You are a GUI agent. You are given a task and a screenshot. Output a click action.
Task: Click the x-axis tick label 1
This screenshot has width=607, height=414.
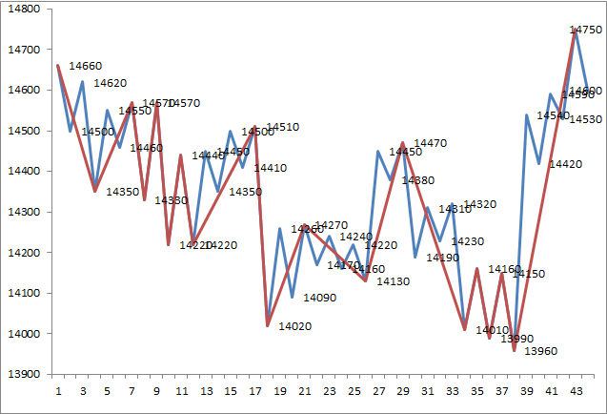58,391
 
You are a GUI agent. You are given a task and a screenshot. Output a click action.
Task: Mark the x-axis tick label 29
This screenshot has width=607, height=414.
403,391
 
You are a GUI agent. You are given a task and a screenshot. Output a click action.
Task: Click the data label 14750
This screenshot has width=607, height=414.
585,31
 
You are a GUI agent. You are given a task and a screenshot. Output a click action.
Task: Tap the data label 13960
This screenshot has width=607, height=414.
540,352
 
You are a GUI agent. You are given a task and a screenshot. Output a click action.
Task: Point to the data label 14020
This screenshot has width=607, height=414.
294,326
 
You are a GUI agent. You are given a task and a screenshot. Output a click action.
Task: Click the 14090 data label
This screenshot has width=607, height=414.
319,298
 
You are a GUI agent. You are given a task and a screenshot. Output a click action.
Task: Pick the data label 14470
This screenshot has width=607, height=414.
430,143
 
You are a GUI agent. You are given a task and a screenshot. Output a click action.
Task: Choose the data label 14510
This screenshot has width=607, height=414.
282,127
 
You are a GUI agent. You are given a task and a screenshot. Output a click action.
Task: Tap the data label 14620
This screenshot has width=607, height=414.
111,84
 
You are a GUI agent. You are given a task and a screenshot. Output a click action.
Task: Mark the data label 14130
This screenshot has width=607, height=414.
393,281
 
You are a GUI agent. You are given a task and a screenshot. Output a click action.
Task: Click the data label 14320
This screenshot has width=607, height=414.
479,204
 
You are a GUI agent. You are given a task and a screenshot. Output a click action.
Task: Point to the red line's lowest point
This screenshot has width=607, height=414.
515,350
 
